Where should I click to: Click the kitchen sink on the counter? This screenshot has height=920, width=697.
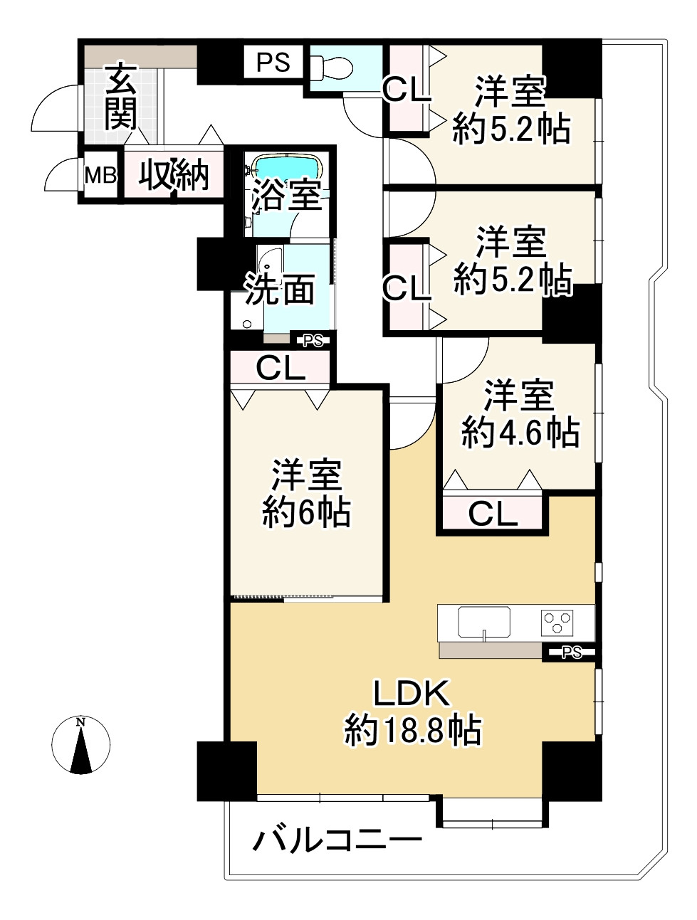coord(483,623)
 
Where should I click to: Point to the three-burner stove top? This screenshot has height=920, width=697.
coord(560,623)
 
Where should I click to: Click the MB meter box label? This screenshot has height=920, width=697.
coord(100,175)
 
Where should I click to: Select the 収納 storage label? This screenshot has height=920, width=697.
coord(173,174)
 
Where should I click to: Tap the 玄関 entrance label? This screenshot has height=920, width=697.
coord(121,97)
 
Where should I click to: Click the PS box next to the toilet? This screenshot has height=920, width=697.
coord(273,63)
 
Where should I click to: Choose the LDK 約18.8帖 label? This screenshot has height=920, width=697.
coord(412,712)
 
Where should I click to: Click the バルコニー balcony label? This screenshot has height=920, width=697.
coord(338,840)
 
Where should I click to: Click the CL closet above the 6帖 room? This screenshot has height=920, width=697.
coord(281,368)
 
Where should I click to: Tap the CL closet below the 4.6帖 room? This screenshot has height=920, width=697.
coord(493,513)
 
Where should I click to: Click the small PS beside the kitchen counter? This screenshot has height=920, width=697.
coord(572,652)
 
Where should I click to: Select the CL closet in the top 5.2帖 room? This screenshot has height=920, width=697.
coord(407,90)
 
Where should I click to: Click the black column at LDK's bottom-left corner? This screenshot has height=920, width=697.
coord(226,771)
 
